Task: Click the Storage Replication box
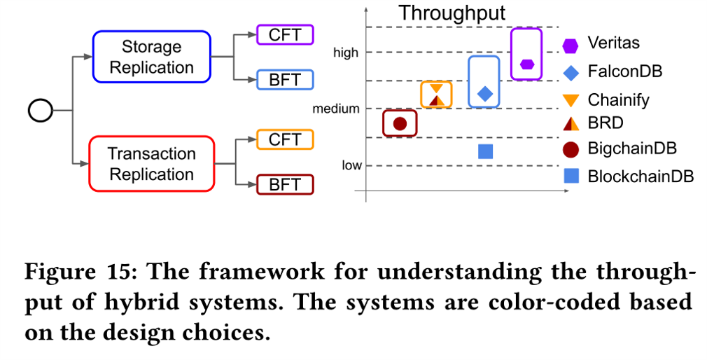(151, 57)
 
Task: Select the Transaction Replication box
(151, 164)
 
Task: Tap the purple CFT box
(285, 35)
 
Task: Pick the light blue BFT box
(285, 80)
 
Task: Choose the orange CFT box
(285, 139)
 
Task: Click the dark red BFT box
(285, 184)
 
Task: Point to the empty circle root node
(41, 111)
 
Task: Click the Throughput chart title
(452, 13)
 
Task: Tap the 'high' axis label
(346, 53)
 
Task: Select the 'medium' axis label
(336, 109)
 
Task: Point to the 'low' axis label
(351, 165)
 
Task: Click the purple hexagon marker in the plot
(527, 64)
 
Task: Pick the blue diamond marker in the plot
(485, 94)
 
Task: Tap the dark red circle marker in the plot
(400, 123)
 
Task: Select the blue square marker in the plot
(486, 151)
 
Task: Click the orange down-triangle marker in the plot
(437, 88)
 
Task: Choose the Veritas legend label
(614, 43)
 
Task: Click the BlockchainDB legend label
(640, 176)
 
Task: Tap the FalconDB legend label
(625, 71)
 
